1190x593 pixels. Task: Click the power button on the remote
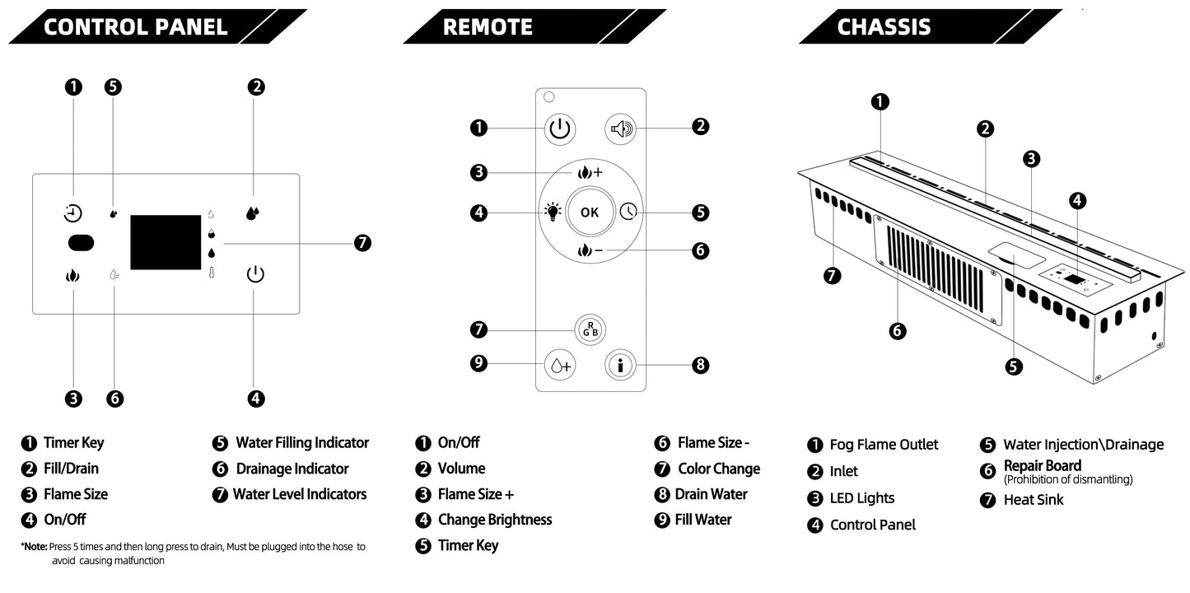pos(559,128)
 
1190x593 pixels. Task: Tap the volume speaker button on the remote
pos(621,128)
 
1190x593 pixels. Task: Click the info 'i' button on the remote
pos(620,365)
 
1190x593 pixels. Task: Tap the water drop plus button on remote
pos(560,365)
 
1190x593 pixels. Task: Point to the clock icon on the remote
pos(629,212)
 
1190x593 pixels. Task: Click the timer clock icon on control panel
pos(73,214)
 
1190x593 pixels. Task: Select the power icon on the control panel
pos(255,274)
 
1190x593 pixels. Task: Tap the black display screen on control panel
pos(166,242)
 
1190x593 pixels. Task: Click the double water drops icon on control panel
pos(253,213)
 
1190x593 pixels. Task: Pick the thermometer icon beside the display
pos(212,272)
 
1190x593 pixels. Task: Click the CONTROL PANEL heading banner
pos(135,26)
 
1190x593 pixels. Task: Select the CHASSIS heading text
pos(884,26)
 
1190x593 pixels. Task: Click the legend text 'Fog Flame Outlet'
pos(884,445)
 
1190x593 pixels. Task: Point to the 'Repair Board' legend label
pos(1042,466)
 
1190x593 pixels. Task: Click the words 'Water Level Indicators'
pos(300,494)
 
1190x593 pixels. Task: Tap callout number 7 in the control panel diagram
pos(362,243)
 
